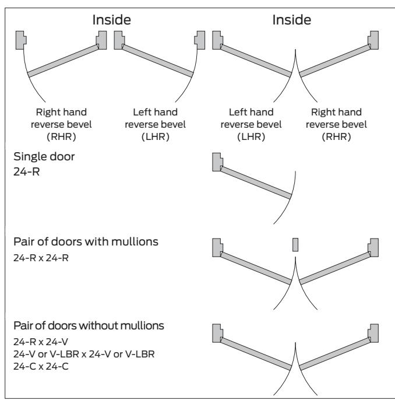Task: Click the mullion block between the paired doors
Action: [295, 245]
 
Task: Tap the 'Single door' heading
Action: [44, 157]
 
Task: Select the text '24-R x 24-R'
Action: [41, 258]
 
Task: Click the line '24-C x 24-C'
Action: [41, 366]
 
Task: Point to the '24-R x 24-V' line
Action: [41, 342]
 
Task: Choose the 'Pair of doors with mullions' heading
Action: [86, 241]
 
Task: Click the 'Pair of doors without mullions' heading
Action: [89, 325]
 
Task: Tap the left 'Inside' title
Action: [112, 20]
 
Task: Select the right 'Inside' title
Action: [292, 20]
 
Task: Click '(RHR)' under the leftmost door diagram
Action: [61, 136]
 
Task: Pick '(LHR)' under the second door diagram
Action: [156, 136]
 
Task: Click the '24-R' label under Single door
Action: [26, 171]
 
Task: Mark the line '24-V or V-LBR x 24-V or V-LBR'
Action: [84, 354]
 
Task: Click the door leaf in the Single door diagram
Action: [256, 183]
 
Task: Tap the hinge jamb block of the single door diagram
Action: [217, 162]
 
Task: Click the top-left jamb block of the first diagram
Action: [21, 40]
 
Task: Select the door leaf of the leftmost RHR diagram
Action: [63, 61]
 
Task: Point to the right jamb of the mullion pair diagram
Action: [373, 248]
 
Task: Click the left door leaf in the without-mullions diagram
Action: [256, 353]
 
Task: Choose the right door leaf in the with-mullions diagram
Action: [335, 268]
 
